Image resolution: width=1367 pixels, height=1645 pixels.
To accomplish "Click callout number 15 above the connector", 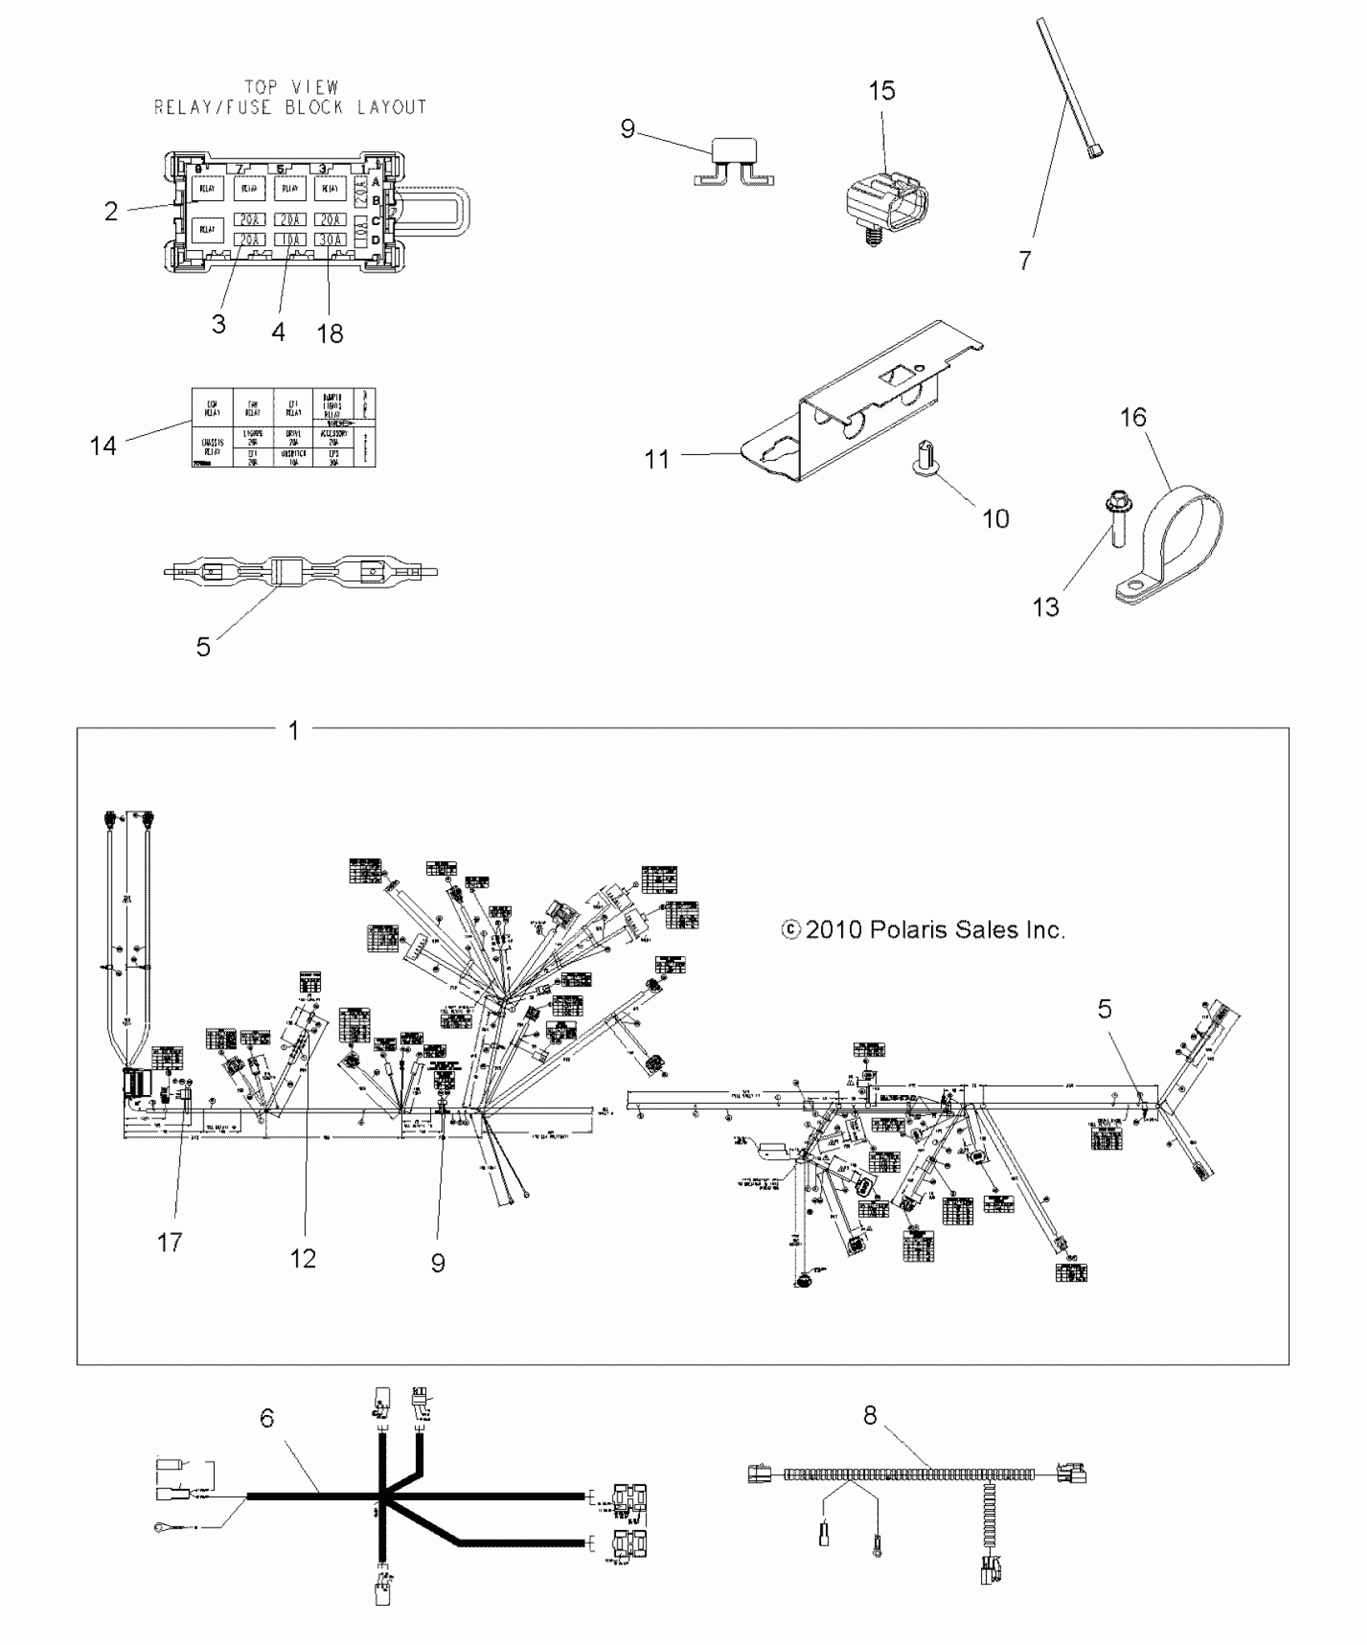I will [881, 91].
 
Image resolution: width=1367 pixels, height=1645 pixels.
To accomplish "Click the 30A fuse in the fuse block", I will [328, 239].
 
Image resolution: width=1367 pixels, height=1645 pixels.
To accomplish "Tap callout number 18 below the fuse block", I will [330, 333].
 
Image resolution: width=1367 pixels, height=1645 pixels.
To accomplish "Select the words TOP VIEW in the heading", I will [291, 87].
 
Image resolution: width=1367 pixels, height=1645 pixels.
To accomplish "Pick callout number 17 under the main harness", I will [170, 1242].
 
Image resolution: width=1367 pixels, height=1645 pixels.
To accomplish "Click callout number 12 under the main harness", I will [303, 1258].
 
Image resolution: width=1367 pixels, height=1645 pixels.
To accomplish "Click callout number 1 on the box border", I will [294, 730].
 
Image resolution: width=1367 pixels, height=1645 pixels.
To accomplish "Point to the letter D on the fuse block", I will [376, 240].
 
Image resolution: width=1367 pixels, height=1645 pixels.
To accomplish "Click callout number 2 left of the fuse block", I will [111, 211].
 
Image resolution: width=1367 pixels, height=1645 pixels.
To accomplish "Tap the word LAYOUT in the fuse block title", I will [392, 107].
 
